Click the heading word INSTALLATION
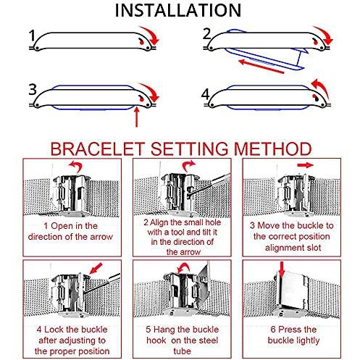coord(178,10)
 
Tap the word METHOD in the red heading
coord(272,148)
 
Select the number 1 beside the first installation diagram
coord(32,35)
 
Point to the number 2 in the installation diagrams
coord(207,34)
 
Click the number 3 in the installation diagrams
coord(33,90)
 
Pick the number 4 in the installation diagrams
coord(206,94)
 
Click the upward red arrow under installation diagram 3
coord(137,117)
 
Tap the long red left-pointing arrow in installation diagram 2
coord(261,67)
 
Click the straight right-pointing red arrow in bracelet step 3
coord(305,165)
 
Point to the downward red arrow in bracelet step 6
coord(282,269)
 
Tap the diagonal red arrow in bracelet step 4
coord(96,269)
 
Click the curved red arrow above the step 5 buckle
coord(184,267)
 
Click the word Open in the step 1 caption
coord(62,226)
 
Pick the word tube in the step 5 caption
coord(182,351)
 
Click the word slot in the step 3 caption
coord(313,248)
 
